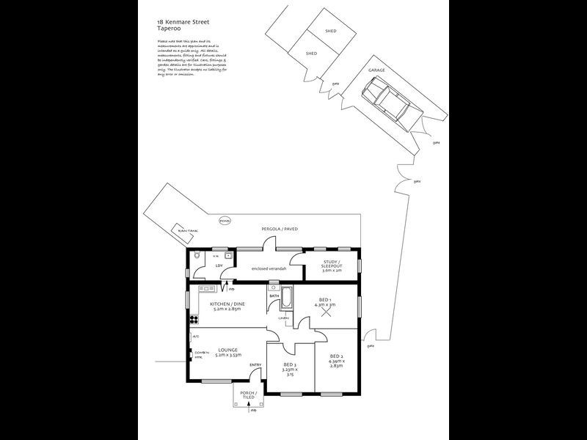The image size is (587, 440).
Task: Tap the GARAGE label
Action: [x=376, y=70]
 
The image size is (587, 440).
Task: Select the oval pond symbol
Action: [x=225, y=219]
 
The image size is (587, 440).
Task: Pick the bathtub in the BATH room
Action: [x=286, y=299]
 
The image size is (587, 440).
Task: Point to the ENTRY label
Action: [x=255, y=365]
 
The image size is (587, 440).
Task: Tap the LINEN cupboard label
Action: [x=282, y=318]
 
